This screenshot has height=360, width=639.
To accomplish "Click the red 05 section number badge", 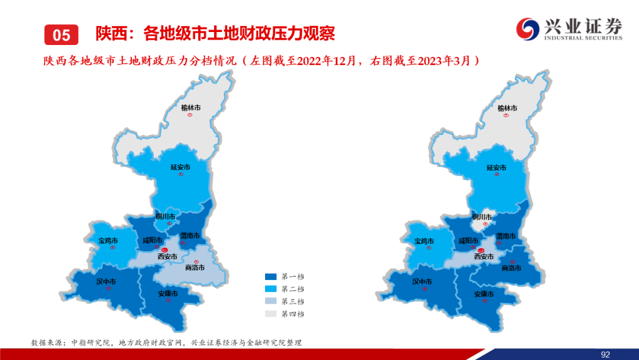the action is pos(61,35).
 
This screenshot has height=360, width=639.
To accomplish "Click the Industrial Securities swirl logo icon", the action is pos(528,29).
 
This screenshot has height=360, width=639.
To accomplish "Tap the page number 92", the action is pos(605,355).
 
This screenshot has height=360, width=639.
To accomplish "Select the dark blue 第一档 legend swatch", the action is pos(270,277).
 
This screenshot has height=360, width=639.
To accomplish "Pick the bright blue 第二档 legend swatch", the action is pos(270,289).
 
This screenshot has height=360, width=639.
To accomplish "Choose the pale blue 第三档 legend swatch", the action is pos(270,301).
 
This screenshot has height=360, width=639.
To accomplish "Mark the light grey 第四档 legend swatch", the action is pos(270,314).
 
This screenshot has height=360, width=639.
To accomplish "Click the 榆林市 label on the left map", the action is pos(191,108).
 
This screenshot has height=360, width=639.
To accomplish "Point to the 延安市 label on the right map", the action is pos(496,168).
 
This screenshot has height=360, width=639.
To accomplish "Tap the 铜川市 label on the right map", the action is pos(482,217).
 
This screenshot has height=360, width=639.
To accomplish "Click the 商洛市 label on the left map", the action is pos(195,268).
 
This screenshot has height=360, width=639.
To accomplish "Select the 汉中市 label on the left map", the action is pos(106,282).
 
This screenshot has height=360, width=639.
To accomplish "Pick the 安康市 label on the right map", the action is pos(484,294).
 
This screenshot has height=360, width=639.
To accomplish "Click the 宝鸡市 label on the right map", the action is pos(424,242).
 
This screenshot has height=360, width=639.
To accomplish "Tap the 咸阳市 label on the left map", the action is pos(153,240).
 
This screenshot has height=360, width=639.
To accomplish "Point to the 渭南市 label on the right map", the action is pos(506,236).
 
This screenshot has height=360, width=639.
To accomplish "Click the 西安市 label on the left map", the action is pos(167,256).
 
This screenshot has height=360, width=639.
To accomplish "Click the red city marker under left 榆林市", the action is pos(190,115).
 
